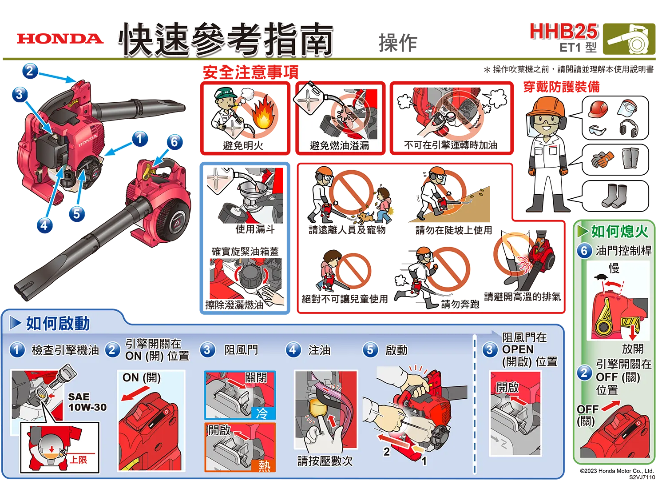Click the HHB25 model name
coord(563,32)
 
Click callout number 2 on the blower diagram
coord(29,71)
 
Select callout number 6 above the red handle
coord(174,141)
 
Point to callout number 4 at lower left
coord(44,224)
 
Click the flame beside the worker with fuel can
coord(265,115)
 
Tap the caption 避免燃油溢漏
coord(340,145)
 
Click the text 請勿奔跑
coord(460,304)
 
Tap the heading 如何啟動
coord(58,323)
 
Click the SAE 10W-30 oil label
coord(87,402)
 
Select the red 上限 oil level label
coord(79,460)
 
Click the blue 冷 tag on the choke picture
coord(262,413)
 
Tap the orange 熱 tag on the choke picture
coord(264,465)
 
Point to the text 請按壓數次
coord(325,461)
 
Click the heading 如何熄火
coord(619,231)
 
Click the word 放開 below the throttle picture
coord(632,349)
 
